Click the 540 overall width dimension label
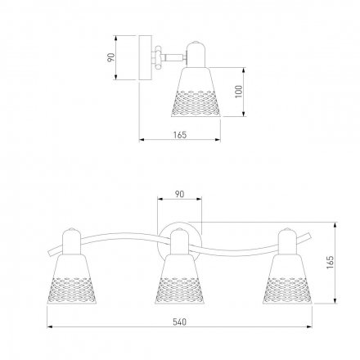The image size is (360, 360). pyautogui.click(x=180, y=322)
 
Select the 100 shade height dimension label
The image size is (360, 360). pyautogui.click(x=239, y=92)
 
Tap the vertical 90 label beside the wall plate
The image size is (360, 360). pyautogui.click(x=111, y=57)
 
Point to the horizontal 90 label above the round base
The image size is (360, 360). pyautogui.click(x=179, y=194)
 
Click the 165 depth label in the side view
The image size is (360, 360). pyautogui.click(x=180, y=135)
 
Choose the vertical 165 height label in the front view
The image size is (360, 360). pyautogui.click(x=330, y=262)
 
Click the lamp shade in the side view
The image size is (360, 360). pyautogui.click(x=196, y=92)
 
